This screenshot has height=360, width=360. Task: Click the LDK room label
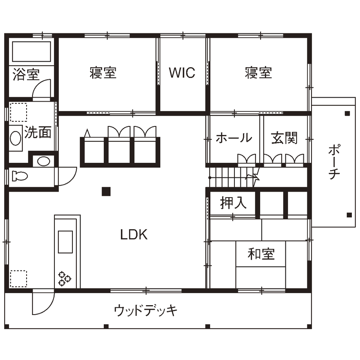(x=134, y=234)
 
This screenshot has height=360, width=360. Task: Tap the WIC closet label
(x=182, y=73)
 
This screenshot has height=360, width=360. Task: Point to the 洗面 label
(x=38, y=132)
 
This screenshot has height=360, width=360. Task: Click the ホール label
(x=234, y=138)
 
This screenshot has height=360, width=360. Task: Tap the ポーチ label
(x=335, y=163)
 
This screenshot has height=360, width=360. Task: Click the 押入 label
(x=234, y=203)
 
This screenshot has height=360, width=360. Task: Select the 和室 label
(x=261, y=254)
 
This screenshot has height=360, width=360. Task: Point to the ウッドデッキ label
(x=146, y=310)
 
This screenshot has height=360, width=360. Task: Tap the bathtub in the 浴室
(x=31, y=52)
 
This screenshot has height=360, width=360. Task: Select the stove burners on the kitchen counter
(x=65, y=279)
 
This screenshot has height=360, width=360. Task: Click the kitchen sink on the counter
(x=65, y=243)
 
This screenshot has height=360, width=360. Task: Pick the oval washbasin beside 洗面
(x=15, y=138)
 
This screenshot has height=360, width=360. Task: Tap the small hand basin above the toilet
(x=43, y=161)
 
